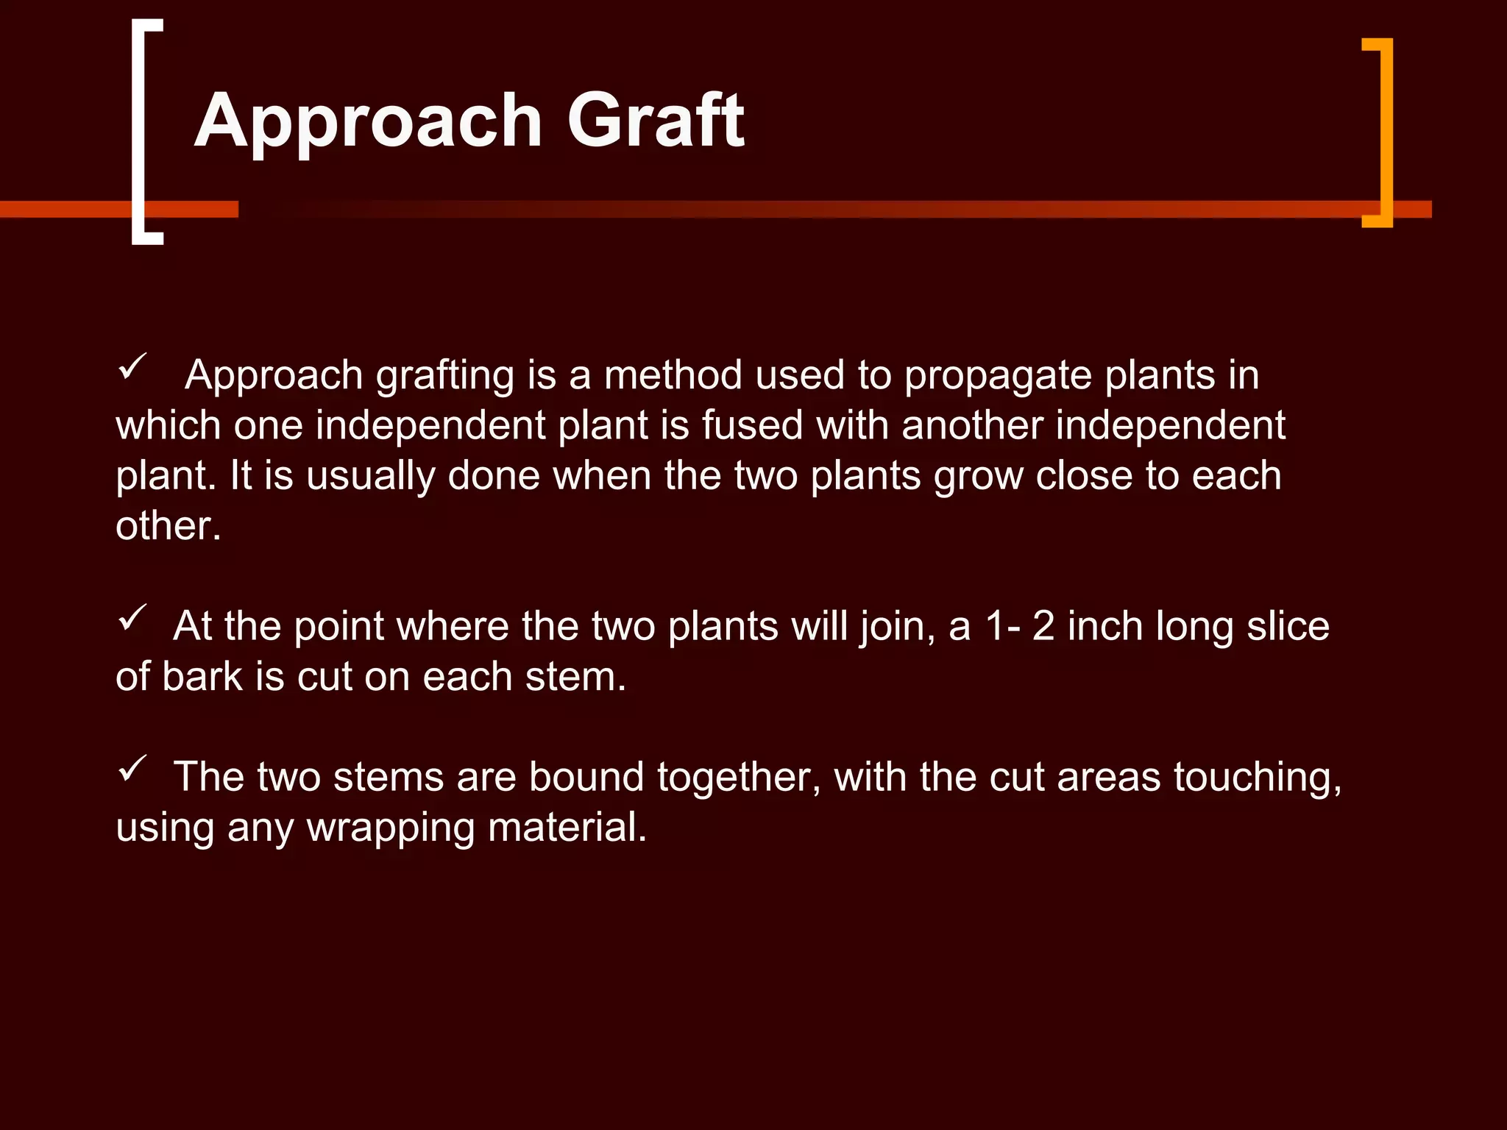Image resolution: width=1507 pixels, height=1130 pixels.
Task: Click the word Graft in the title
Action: coord(655,121)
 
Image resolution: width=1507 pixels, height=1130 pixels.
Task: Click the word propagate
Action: coord(998,377)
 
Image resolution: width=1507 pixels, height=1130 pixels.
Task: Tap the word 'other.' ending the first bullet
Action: coord(169,526)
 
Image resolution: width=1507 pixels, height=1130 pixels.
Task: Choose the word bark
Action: coord(202,677)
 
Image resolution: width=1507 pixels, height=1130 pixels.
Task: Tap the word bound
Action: coord(586,777)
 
